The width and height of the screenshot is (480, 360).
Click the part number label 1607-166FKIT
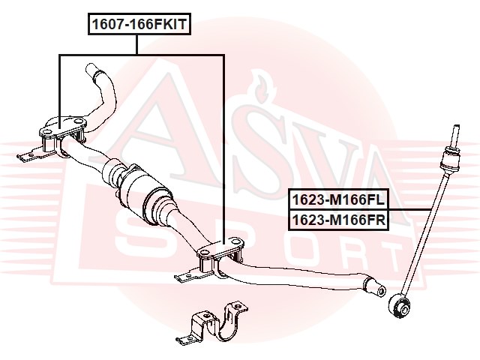tap(139, 24)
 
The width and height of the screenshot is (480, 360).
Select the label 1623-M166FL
tap(338, 199)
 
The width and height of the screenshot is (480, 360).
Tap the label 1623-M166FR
tap(338, 220)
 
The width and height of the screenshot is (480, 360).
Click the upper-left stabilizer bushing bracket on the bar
tap(62, 136)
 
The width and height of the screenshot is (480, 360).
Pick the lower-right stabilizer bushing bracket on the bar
tap(220, 256)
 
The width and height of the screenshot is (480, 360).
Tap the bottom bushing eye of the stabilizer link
tap(399, 306)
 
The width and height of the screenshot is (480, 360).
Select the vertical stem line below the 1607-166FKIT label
tap(136, 45)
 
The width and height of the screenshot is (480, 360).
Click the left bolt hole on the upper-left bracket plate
tap(46, 132)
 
